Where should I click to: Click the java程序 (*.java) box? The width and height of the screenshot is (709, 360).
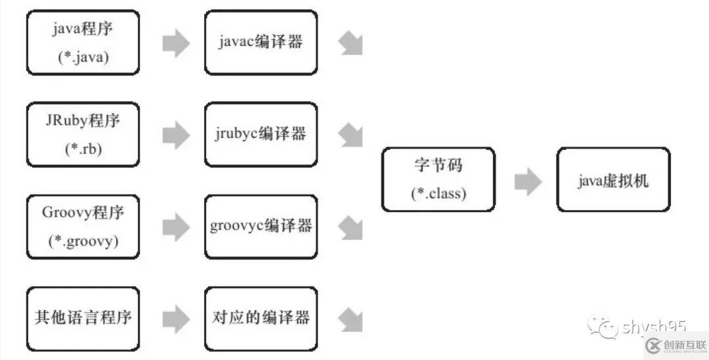(x=83, y=42)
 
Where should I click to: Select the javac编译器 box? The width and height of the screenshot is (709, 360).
(x=261, y=42)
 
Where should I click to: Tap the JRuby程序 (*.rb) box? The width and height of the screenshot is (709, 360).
(x=83, y=134)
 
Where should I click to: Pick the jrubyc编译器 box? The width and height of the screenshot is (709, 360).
(x=261, y=134)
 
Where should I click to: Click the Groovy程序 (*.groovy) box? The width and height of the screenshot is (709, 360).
(x=83, y=227)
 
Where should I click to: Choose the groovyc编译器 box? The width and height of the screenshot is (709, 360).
(x=261, y=227)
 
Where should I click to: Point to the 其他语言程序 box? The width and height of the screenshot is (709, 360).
(x=83, y=319)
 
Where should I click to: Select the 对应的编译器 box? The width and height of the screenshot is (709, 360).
(x=261, y=319)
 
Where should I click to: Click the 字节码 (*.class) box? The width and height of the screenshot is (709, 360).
(x=438, y=179)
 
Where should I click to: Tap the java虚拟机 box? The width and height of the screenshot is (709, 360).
(x=613, y=179)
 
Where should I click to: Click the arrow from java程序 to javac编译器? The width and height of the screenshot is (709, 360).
(x=175, y=43)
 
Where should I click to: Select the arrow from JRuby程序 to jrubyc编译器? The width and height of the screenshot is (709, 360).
(x=175, y=135)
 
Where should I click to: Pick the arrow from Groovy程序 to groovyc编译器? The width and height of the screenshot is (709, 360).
(x=175, y=227)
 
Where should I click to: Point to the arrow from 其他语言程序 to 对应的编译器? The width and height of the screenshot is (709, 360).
(x=175, y=319)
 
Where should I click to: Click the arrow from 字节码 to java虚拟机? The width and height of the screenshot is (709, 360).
(x=527, y=181)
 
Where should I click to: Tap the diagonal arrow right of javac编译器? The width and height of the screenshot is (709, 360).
(x=351, y=43)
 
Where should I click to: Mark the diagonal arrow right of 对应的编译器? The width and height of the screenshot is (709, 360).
(x=351, y=319)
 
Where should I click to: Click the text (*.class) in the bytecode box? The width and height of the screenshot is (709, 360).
(x=438, y=194)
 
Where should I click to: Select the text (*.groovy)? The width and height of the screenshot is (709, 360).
(x=83, y=241)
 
